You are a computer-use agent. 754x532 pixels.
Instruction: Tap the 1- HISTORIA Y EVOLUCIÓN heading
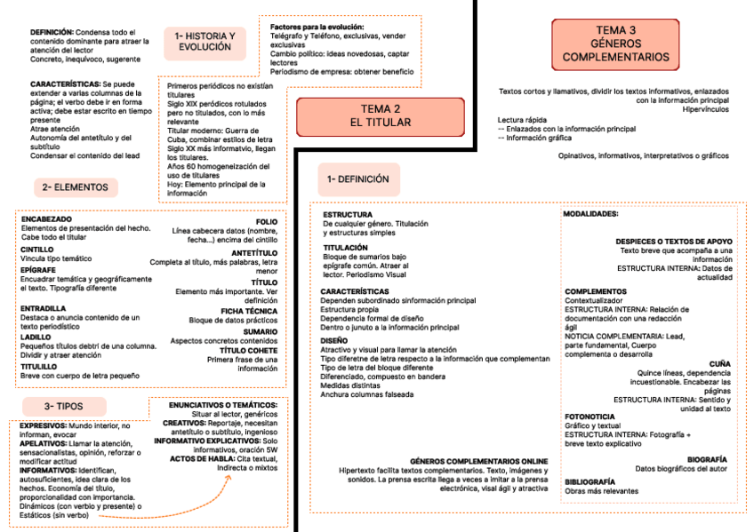(x=205, y=41)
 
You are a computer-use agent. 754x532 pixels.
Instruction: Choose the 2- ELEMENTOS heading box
(x=80, y=187)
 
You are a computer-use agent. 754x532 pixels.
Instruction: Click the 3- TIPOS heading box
(x=64, y=406)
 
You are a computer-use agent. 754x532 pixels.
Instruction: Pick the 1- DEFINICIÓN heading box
(x=358, y=179)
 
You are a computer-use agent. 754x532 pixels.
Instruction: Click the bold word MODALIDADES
(x=591, y=214)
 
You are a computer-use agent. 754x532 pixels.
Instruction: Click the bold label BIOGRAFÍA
(x=708, y=459)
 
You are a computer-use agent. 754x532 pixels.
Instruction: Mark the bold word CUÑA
(x=720, y=363)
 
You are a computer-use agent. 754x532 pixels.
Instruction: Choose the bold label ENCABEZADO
(x=46, y=218)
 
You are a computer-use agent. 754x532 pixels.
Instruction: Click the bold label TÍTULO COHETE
(x=249, y=350)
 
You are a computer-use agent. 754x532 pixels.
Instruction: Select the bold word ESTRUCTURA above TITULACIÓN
(x=348, y=215)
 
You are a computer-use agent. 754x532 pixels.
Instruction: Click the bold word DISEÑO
(x=334, y=340)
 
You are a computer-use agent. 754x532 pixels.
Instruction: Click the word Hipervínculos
(x=706, y=109)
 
